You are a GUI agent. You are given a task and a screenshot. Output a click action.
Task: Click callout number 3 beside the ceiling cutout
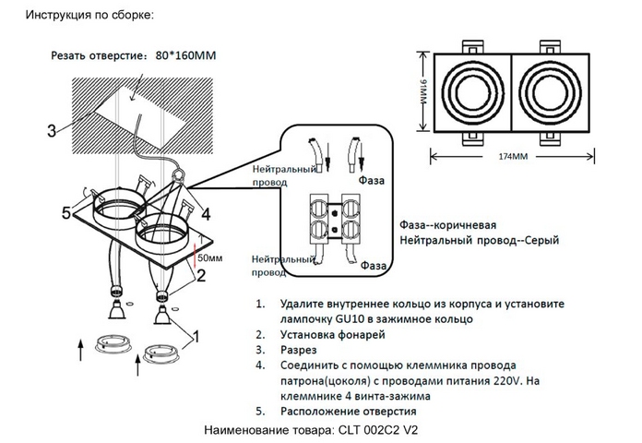click(52, 130)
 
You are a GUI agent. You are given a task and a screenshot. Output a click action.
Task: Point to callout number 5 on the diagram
click(66, 214)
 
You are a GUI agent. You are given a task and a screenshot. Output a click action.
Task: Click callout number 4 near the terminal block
click(205, 214)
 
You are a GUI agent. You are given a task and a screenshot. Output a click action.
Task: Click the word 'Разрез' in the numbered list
click(299, 351)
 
